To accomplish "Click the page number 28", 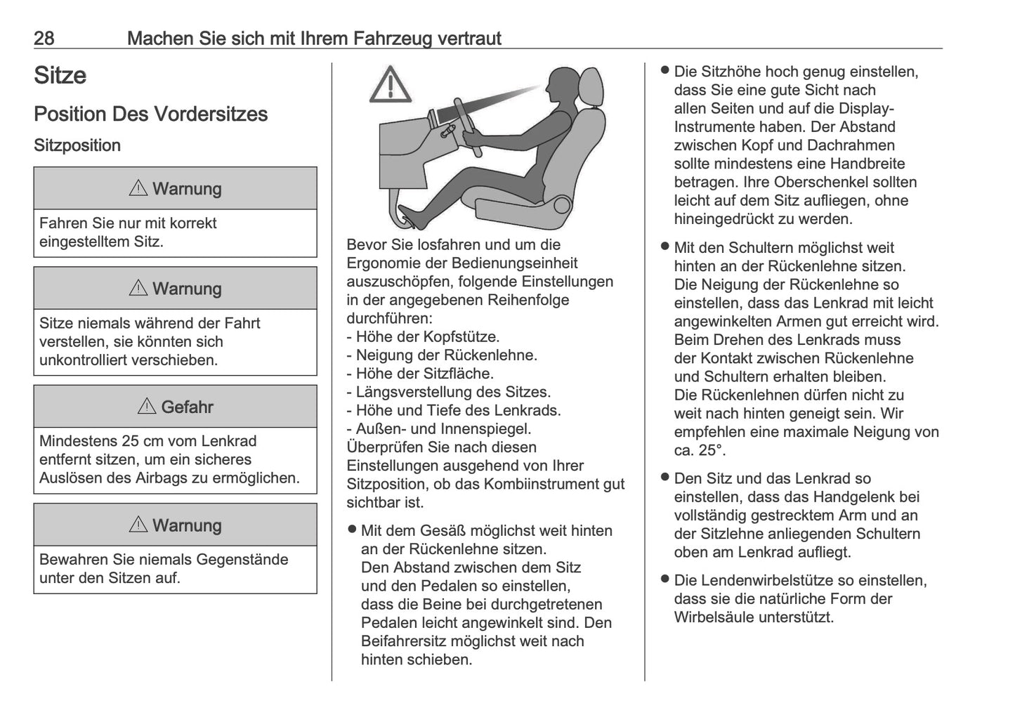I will [44, 38].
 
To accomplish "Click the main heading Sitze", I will [60, 76].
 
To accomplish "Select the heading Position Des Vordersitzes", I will [150, 114].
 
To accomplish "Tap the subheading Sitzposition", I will [77, 145].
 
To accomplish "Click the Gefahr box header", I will [176, 407].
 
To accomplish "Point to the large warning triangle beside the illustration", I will [391, 85].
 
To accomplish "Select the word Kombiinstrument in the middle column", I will [539, 484].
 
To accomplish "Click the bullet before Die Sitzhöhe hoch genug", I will [664, 71].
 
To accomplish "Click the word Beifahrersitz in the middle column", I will [402, 641].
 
